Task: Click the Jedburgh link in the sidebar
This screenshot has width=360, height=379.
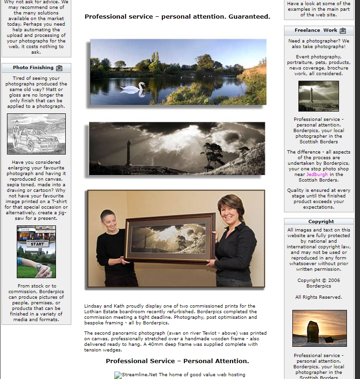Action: pos(317,174)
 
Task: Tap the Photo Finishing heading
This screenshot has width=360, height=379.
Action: pos(33,68)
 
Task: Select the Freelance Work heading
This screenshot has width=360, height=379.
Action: pos(316,30)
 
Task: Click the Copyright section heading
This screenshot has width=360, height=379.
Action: pos(321,221)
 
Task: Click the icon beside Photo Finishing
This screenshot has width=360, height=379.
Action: pos(59,68)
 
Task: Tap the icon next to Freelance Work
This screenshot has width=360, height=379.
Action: pos(343,31)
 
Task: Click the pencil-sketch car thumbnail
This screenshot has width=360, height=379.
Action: pos(36,134)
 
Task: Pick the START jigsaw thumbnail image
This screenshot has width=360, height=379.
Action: pos(36,252)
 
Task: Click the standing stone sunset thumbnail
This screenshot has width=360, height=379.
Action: pos(319,328)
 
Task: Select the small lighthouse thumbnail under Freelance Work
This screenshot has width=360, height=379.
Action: pos(318,96)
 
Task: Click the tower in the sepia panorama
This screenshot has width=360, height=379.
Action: pos(128,153)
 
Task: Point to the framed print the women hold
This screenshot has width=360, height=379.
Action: pos(170,239)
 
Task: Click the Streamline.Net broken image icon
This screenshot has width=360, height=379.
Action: pos(118,375)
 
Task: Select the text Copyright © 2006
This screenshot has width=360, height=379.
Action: pos(318,281)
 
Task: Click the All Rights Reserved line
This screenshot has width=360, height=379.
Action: pos(318,297)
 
